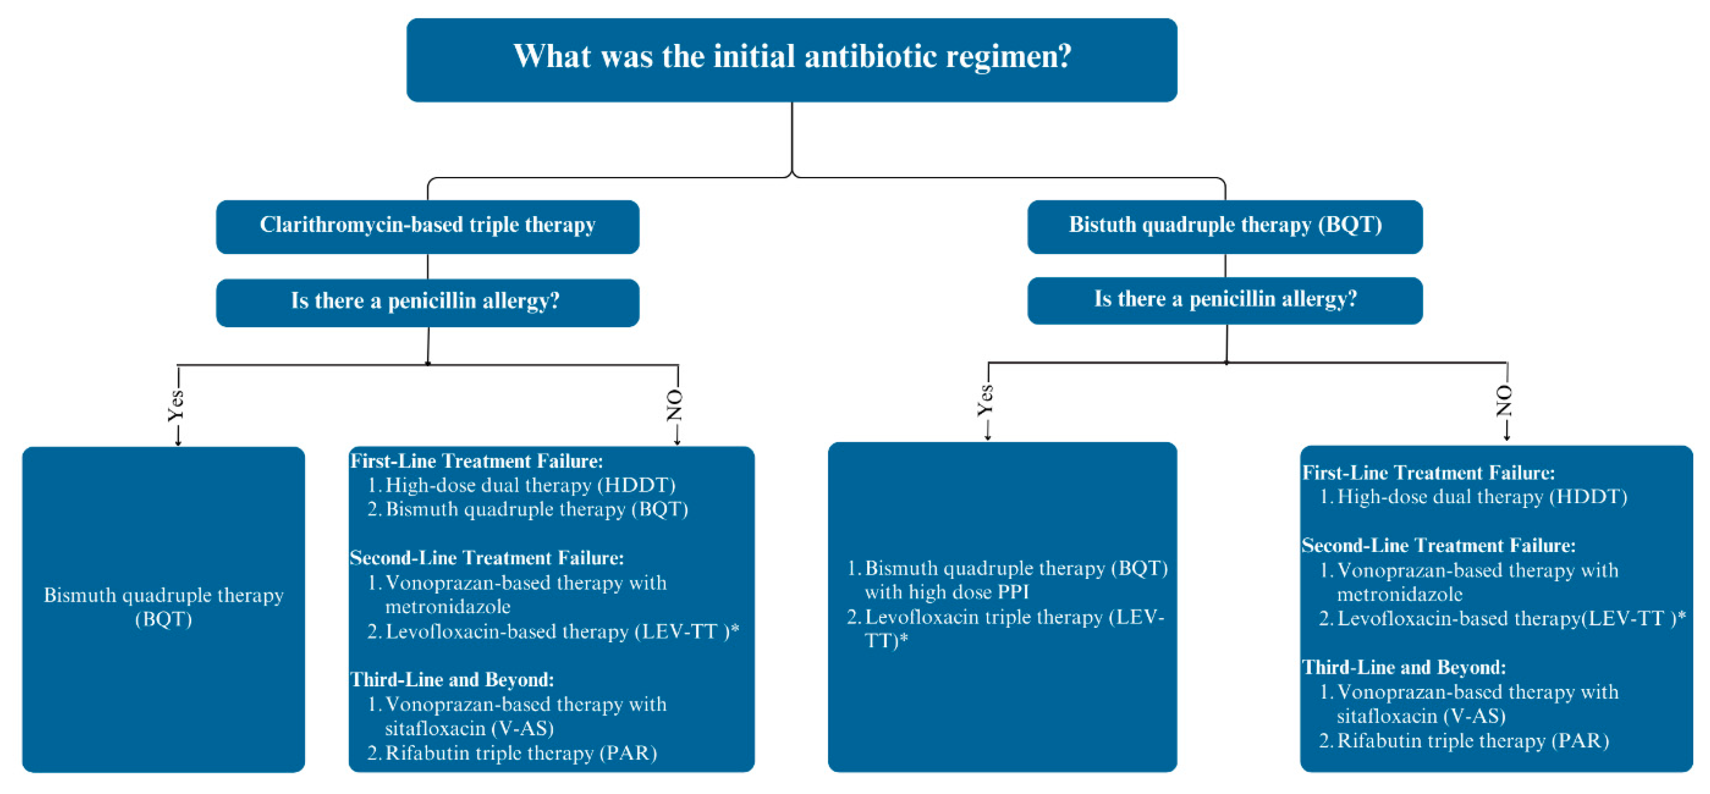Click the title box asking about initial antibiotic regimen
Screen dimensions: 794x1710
click(791, 59)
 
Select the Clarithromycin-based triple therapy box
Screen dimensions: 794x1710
click(427, 226)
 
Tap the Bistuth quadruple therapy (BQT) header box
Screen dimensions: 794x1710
click(1225, 226)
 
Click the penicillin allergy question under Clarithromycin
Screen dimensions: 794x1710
click(427, 302)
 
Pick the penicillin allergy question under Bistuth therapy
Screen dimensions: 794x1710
click(1225, 300)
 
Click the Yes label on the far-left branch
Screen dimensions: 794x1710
click(176, 405)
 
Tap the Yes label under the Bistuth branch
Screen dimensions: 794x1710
click(986, 400)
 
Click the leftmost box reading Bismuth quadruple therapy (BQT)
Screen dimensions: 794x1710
click(163, 607)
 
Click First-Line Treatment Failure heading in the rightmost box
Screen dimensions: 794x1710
click(1428, 473)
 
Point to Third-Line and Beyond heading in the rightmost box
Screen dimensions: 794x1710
click(1404, 667)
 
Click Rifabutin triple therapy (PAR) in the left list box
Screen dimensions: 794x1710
click(521, 753)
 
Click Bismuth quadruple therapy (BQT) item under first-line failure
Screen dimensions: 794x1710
click(536, 509)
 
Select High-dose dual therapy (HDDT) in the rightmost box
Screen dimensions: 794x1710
click(1481, 497)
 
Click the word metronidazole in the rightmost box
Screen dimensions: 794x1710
click(1399, 594)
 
